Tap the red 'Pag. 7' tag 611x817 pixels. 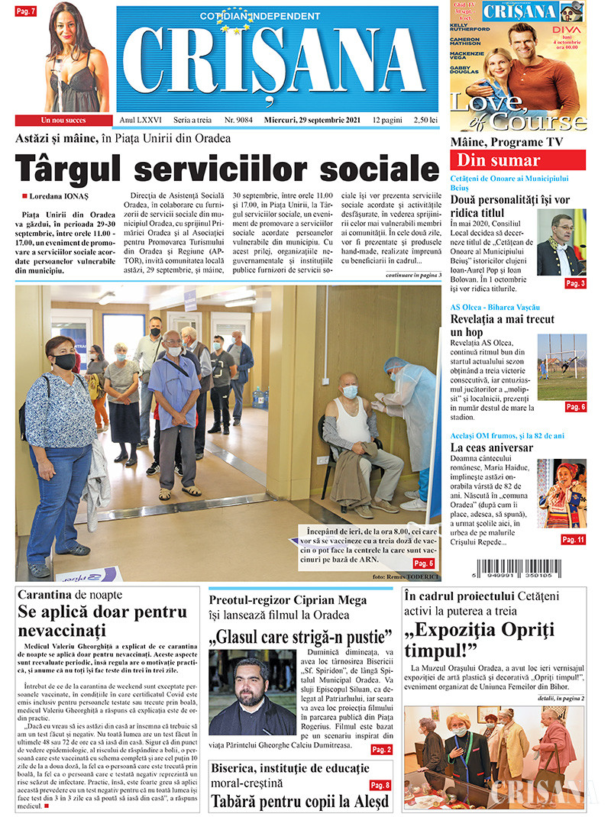coord(26,11)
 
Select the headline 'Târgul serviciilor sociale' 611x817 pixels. coord(228,168)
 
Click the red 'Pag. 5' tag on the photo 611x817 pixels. coord(424,563)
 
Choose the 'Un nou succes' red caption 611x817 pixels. coord(64,120)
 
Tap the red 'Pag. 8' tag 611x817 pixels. coord(380,785)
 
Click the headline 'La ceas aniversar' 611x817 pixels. coord(491,447)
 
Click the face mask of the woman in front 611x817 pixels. coord(65,361)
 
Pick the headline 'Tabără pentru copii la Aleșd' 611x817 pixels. coord(299,802)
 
